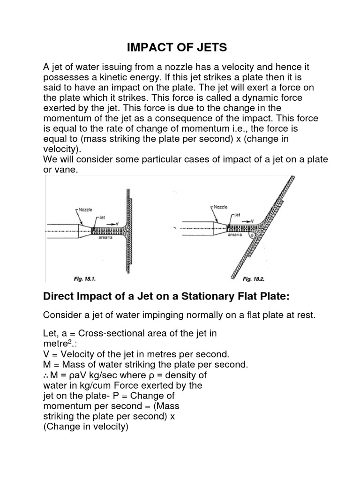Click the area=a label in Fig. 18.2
(x=235, y=235)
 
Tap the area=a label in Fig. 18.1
(x=106, y=239)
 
